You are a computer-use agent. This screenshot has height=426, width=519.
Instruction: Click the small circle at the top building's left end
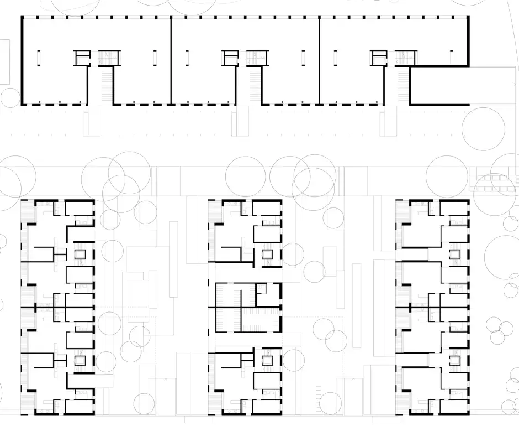coord(10,98)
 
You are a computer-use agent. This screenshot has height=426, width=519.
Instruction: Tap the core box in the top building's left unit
coord(82,58)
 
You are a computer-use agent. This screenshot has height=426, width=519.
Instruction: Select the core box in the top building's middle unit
coord(231,58)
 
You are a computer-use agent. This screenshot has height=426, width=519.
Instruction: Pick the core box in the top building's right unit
coord(379,58)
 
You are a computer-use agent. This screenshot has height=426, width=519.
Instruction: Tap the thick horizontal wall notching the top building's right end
coord(439,66)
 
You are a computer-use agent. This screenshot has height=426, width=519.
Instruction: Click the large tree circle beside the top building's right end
coord(483,128)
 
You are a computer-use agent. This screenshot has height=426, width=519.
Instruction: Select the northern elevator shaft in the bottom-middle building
coord(268,254)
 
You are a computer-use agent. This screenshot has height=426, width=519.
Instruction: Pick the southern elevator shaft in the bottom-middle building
coord(268,361)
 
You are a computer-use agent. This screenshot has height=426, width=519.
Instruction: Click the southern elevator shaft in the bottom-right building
coord(456,361)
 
